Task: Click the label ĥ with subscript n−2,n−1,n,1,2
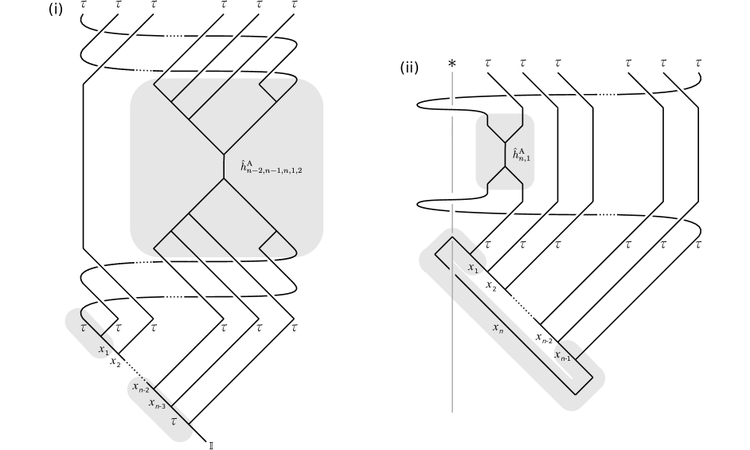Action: coord(271,167)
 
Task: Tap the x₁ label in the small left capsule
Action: coord(103,349)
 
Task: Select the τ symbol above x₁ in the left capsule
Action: coord(84,327)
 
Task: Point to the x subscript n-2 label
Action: coord(141,387)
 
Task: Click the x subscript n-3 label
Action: coord(158,404)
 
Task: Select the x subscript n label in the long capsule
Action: coord(498,327)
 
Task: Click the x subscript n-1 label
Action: coord(563,356)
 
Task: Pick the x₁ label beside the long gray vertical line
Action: coord(474,268)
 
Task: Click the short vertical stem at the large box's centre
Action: coord(225,167)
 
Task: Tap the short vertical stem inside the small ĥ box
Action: coord(504,155)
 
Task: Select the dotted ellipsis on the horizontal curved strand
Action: coord(607,214)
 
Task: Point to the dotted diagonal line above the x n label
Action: coord(521,307)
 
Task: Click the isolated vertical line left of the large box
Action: coord(83,182)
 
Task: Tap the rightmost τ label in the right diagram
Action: coord(698,244)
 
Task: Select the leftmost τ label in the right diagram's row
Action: coord(488,244)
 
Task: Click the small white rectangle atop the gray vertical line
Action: coord(452,94)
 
